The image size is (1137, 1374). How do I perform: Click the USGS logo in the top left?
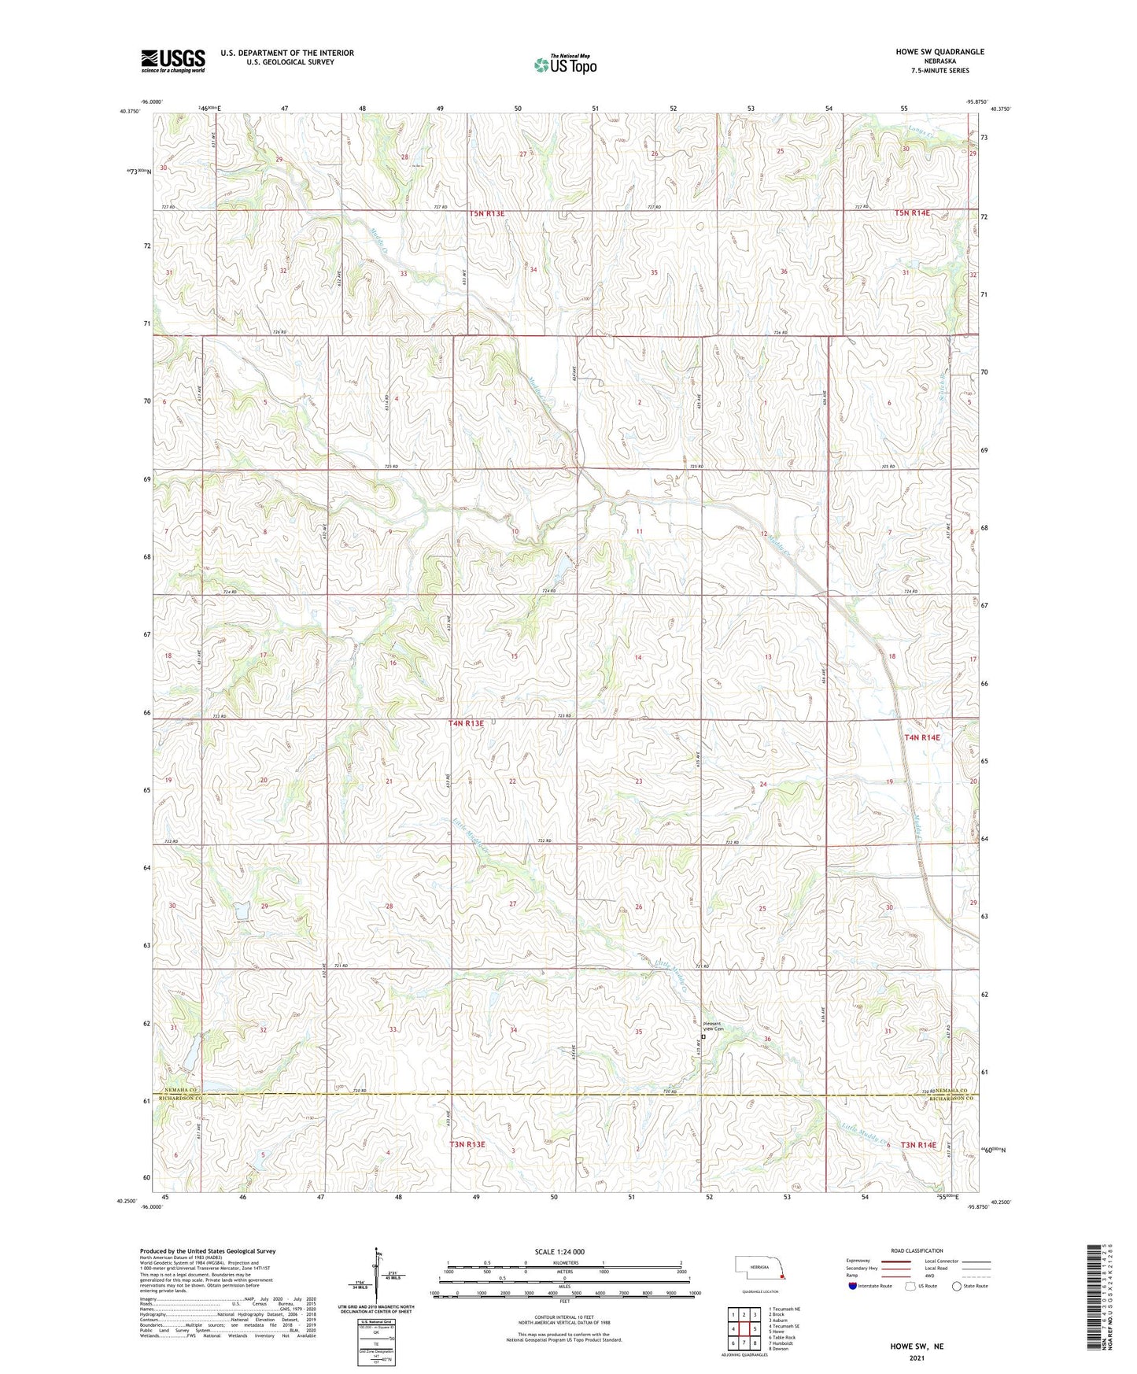[173, 61]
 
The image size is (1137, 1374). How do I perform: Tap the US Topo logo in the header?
[565, 65]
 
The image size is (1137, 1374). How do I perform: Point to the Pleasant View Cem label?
[712, 1025]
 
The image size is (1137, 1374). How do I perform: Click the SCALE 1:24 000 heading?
[559, 1251]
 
